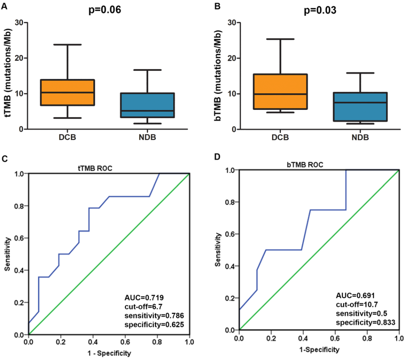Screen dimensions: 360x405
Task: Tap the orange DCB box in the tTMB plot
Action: tap(68, 92)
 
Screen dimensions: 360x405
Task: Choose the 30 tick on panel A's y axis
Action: tap(18, 22)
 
